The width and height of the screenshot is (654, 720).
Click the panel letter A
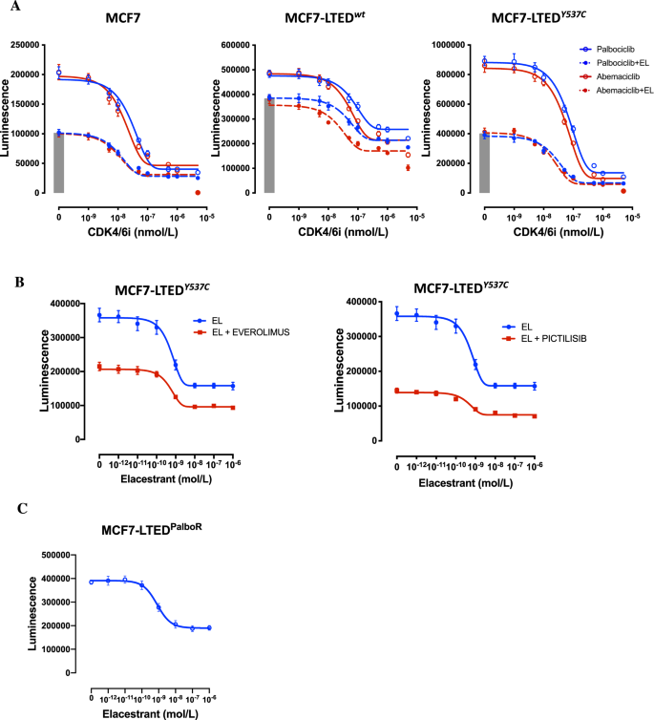coord(10,7)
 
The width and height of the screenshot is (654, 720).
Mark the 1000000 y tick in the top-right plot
coord(454,44)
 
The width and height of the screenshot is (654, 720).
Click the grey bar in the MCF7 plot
coord(58,163)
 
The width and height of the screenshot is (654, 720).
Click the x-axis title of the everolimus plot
coord(164,474)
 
